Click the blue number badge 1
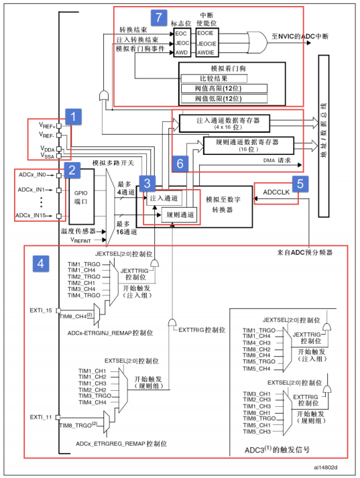(x=76, y=117)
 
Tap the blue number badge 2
(x=71, y=170)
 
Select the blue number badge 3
(x=147, y=181)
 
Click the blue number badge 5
(x=301, y=182)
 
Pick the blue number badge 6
(x=180, y=163)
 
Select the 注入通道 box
(x=164, y=198)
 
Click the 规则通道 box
(x=180, y=215)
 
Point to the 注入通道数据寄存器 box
(x=223, y=122)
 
